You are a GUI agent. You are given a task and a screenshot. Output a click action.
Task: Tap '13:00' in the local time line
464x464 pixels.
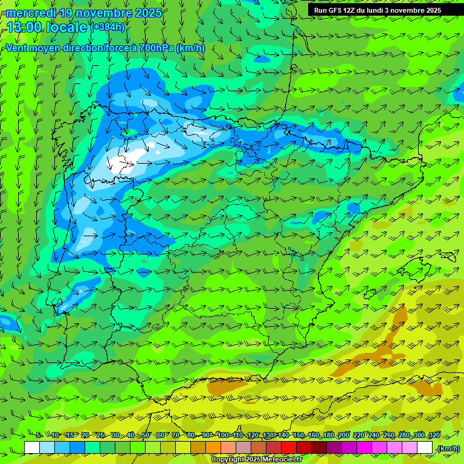coord(25,27)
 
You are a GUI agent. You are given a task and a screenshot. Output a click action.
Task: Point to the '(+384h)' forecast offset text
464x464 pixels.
coord(108,27)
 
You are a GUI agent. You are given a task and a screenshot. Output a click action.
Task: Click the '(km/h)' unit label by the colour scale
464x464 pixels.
coord(448,448)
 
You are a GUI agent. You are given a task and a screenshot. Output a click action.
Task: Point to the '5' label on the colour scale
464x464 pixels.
coord(38,436)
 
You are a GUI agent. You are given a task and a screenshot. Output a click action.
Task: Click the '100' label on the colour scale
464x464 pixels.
coord(223,436)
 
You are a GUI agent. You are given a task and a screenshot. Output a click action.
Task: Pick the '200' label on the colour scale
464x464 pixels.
coord(344,436)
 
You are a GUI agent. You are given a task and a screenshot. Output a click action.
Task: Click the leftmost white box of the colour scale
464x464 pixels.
coord(32,448)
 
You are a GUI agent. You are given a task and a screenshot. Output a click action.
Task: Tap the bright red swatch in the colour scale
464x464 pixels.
coord(289,448)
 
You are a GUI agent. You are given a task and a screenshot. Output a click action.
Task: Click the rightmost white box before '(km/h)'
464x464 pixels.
coord(425,448)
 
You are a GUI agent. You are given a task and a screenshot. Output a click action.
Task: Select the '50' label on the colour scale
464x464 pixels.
coord(146,436)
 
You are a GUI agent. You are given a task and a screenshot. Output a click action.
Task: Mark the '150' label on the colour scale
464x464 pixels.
coord(298,436)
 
